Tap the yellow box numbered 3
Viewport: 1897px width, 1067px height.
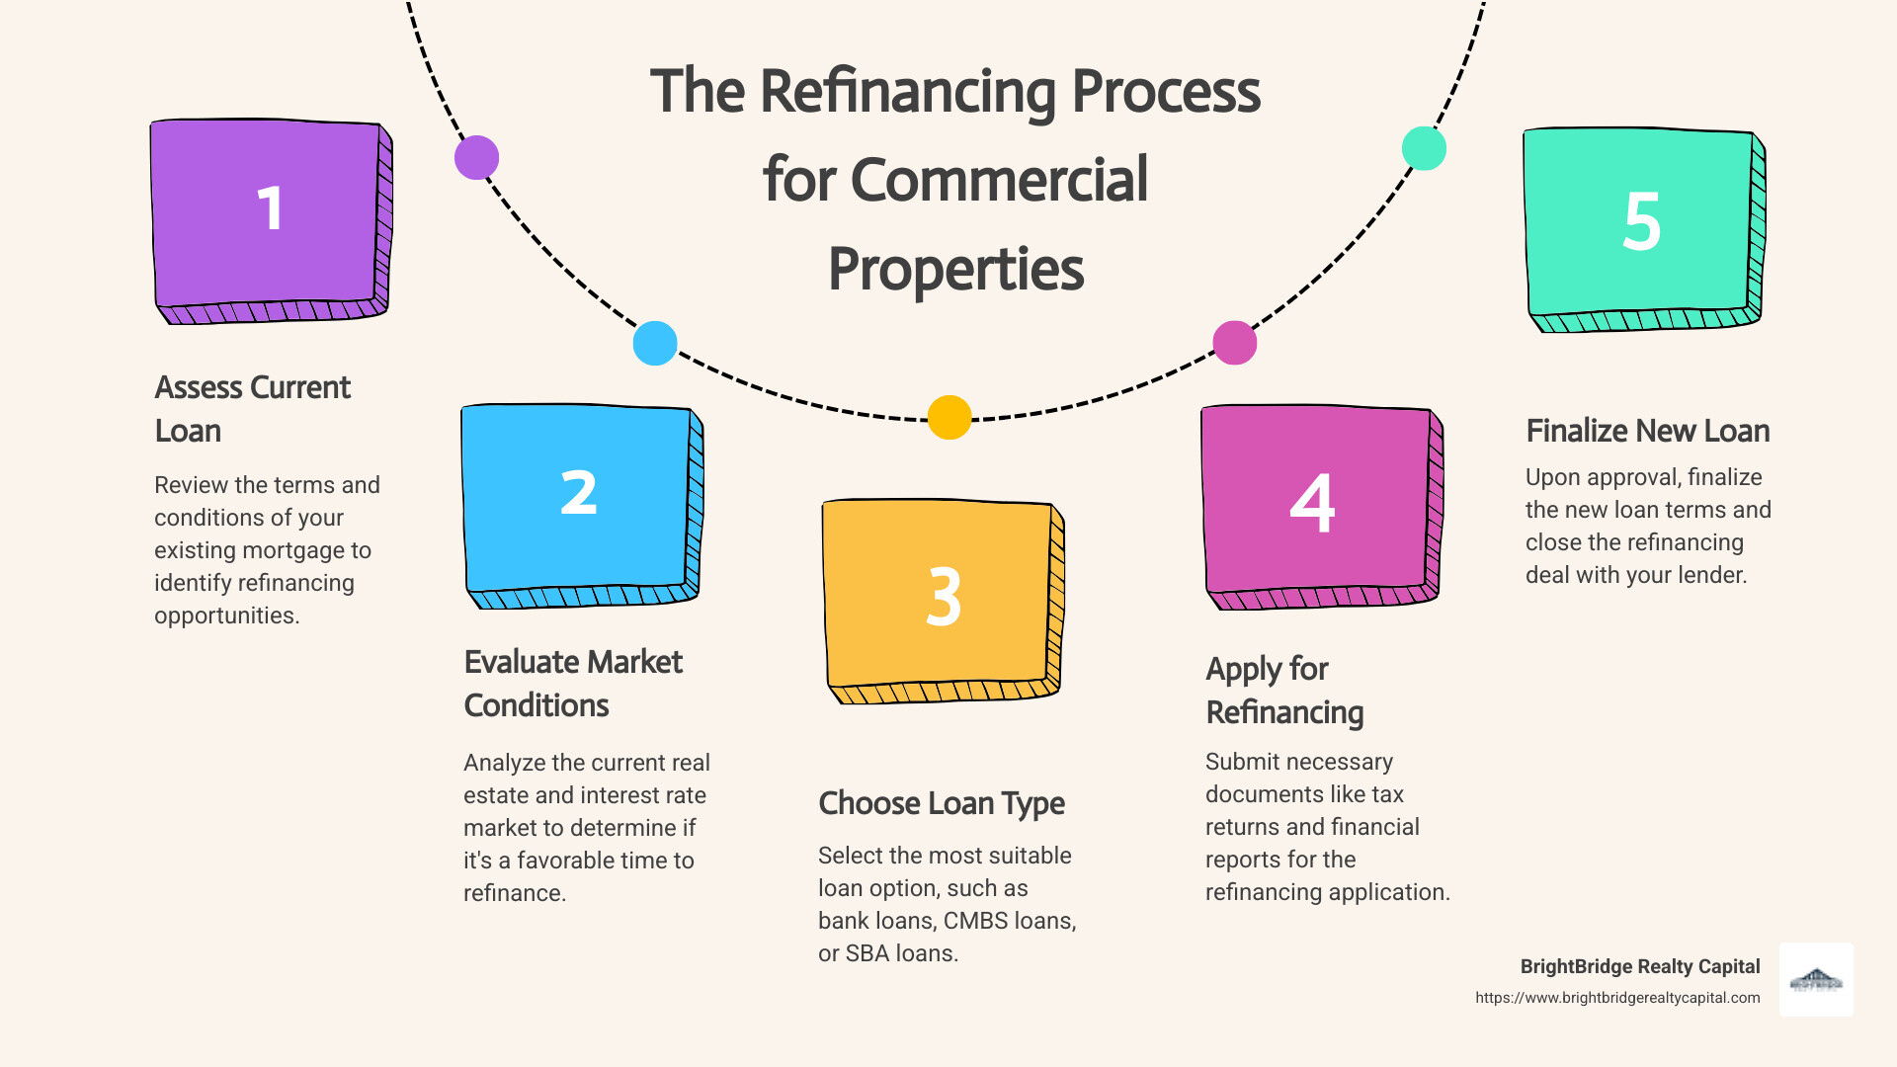tap(942, 599)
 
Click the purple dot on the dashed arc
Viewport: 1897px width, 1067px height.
tap(476, 158)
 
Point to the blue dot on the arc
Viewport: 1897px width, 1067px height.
tap(655, 344)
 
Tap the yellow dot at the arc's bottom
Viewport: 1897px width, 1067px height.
tap(949, 417)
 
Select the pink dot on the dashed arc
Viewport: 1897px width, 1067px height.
tap(1234, 343)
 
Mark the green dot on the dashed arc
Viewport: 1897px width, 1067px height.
tap(1424, 148)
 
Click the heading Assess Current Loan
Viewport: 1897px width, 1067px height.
tap(252, 409)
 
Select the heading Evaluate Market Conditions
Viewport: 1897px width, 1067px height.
tap(573, 684)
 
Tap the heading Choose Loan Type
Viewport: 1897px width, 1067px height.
tap(941, 803)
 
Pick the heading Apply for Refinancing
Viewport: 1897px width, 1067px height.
tap(1284, 691)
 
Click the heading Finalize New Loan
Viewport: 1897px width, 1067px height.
tap(1647, 431)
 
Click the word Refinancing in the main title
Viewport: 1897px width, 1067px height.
tap(908, 92)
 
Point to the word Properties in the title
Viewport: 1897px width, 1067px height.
tap(955, 269)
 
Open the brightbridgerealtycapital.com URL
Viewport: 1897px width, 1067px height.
tap(1617, 998)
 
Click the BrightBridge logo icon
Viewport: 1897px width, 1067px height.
tap(1816, 980)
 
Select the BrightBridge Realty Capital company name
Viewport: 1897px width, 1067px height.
tap(1639, 966)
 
